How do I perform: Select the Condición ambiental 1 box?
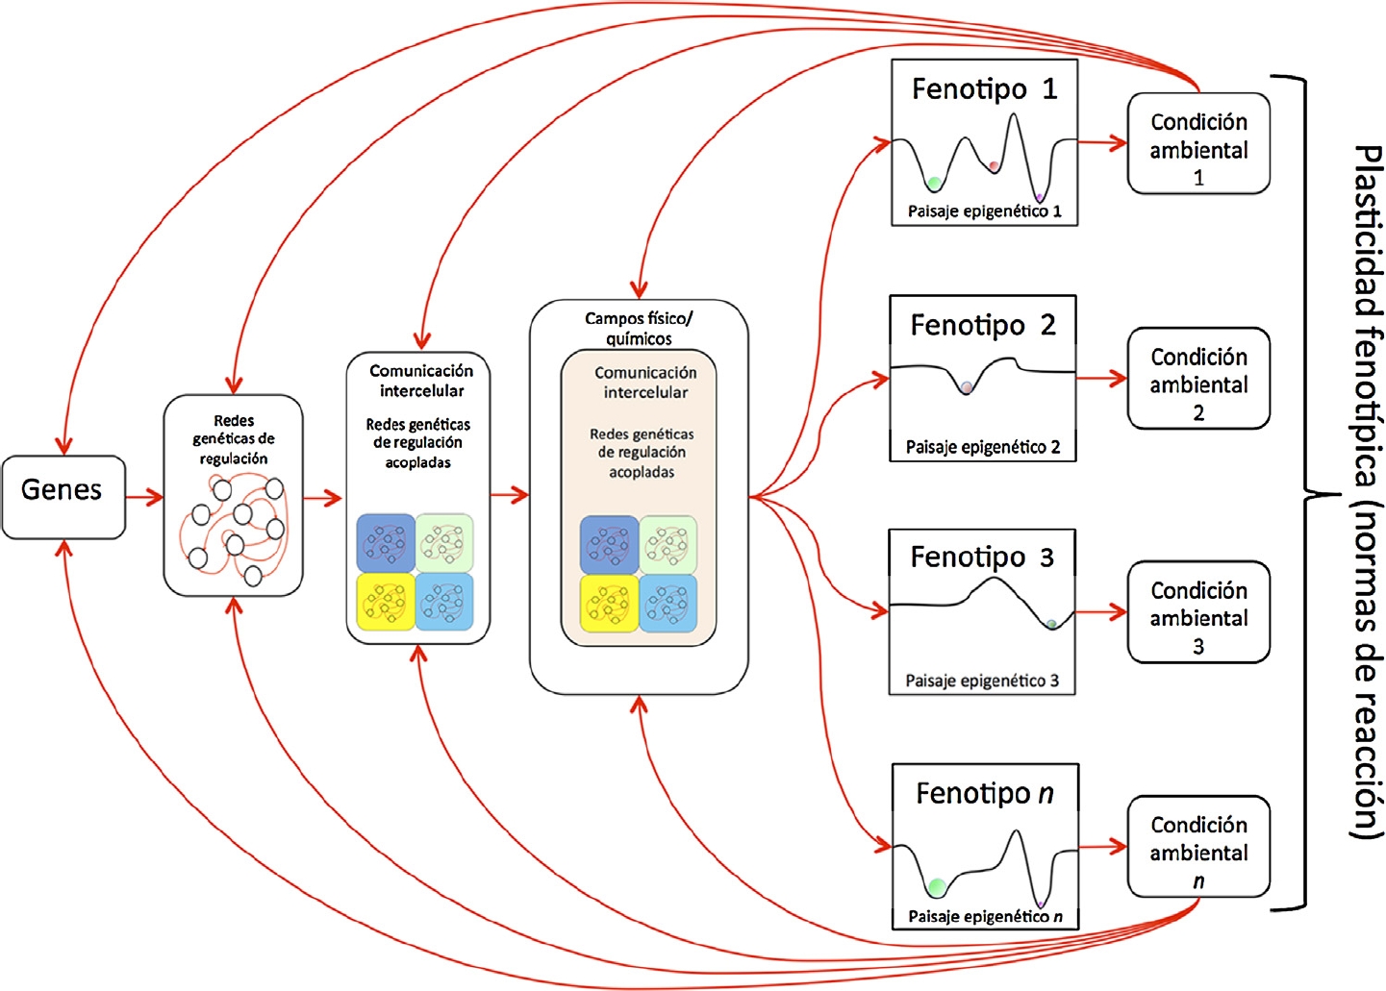point(1198,144)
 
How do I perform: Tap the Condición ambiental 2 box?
point(1198,379)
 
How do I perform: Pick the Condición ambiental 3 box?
point(1198,612)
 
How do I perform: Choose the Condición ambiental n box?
point(1198,847)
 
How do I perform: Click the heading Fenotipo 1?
point(984,89)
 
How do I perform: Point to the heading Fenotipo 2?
point(982,325)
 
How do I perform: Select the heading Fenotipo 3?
point(982,557)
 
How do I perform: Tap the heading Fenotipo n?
point(984,793)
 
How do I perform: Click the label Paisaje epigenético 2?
point(982,447)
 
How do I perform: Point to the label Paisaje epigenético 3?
point(981,681)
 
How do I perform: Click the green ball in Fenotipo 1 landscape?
point(933,183)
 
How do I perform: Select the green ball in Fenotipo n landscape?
point(936,885)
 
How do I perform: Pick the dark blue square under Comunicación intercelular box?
point(386,543)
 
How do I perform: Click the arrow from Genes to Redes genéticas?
point(144,497)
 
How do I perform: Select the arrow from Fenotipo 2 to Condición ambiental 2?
point(1101,379)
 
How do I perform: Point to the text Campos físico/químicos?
point(639,328)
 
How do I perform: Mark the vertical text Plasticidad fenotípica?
point(1367,317)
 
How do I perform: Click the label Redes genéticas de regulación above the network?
point(234,439)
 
